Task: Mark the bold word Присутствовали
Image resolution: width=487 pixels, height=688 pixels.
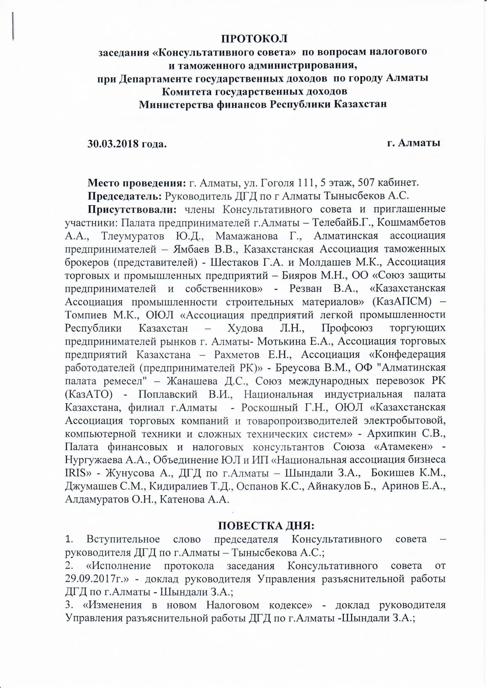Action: [x=132, y=209]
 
